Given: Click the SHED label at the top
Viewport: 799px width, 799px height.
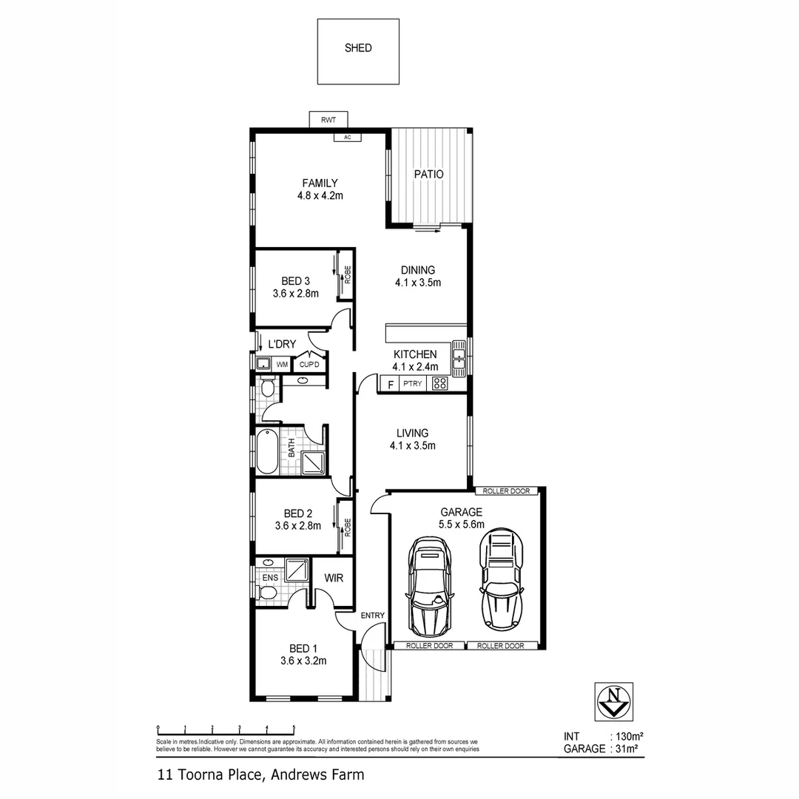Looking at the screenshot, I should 358,48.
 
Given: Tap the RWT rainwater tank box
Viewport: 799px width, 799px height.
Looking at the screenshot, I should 328,120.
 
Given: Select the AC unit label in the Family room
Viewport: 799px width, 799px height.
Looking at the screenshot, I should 347,137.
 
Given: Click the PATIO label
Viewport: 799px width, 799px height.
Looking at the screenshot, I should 428,175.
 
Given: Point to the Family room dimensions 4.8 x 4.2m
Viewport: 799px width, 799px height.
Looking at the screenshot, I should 320,196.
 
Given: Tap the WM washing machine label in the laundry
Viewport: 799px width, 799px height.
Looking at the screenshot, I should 282,364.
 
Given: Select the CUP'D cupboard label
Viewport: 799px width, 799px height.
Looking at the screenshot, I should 308,365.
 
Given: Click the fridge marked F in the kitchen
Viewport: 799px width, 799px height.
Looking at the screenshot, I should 389,384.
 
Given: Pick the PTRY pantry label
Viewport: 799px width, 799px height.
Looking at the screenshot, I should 412,384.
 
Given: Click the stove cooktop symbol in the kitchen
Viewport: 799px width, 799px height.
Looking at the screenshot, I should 439,383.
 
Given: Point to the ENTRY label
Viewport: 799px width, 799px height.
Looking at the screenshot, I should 371,616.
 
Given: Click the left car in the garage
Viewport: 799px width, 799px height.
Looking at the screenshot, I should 430,585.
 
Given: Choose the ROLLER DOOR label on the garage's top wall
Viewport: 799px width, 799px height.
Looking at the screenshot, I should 509,491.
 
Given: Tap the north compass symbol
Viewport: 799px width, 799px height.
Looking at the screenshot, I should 613,700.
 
